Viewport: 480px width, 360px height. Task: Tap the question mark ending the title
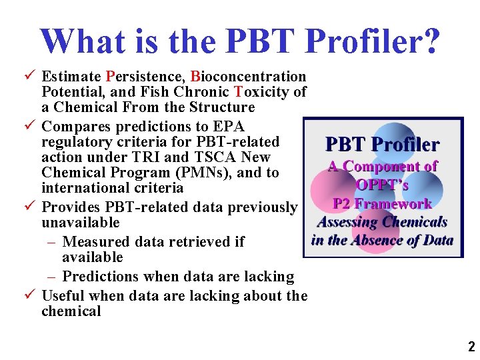click(x=430, y=41)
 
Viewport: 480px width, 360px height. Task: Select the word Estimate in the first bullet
click(x=70, y=77)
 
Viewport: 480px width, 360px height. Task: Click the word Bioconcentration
click(x=248, y=77)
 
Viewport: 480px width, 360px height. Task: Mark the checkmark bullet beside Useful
click(x=31, y=295)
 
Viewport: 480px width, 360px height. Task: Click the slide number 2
click(x=471, y=347)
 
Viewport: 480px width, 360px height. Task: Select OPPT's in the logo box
click(x=382, y=185)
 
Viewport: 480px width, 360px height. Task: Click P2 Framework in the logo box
click(x=382, y=203)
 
